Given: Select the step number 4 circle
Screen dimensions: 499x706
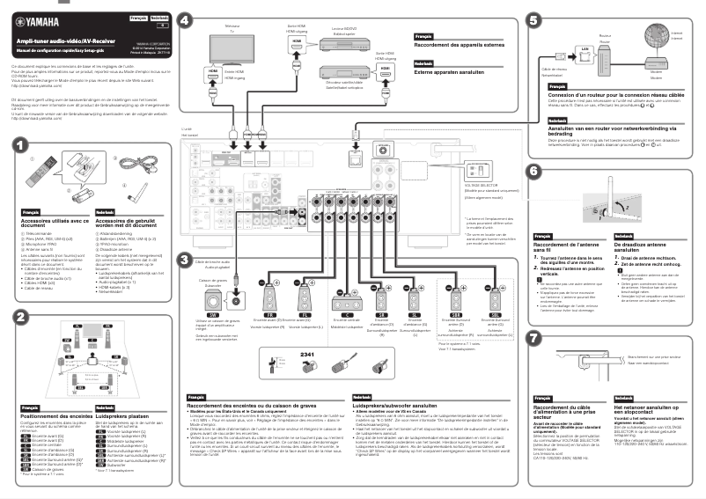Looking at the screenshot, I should click(184, 19).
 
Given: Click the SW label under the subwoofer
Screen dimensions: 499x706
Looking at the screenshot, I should click(213, 314).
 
